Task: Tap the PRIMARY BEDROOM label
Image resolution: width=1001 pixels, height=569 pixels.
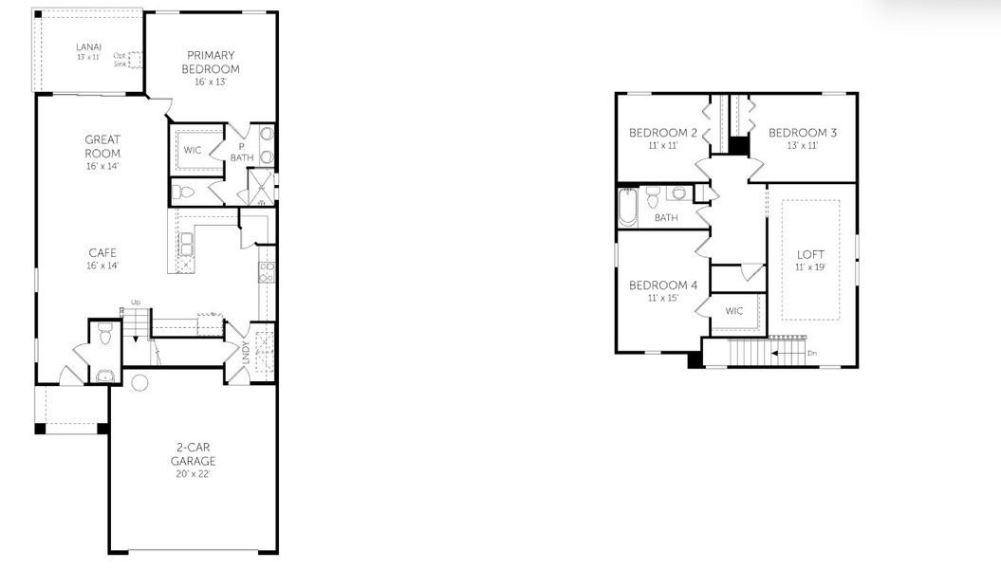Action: [211, 62]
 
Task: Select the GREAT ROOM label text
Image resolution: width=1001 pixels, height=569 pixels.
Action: [102, 146]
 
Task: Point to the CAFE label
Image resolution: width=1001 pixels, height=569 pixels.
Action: [102, 252]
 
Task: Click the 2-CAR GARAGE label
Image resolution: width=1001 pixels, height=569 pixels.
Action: [193, 454]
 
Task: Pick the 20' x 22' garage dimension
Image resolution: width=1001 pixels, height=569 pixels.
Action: [193, 474]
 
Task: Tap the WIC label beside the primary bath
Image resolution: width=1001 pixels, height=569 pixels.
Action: [193, 151]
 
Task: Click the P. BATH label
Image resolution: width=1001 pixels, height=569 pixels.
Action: [240, 152]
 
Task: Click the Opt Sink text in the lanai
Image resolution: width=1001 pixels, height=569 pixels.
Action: [120, 59]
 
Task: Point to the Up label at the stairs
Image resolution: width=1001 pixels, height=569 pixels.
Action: [135, 303]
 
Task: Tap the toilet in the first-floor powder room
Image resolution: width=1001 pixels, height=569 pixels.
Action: [104, 334]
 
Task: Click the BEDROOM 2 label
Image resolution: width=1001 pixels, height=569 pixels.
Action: [663, 132]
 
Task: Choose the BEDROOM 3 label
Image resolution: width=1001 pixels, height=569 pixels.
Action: [802, 132]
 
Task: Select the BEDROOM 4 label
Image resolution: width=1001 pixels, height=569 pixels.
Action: [663, 285]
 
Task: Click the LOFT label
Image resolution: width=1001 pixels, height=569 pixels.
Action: [810, 254]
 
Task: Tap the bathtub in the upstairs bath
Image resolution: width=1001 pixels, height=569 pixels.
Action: [628, 207]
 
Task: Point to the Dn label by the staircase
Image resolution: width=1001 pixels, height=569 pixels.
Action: [811, 354]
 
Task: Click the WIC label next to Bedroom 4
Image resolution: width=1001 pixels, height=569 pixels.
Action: [734, 310]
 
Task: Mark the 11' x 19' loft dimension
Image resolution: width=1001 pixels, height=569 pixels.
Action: [810, 267]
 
